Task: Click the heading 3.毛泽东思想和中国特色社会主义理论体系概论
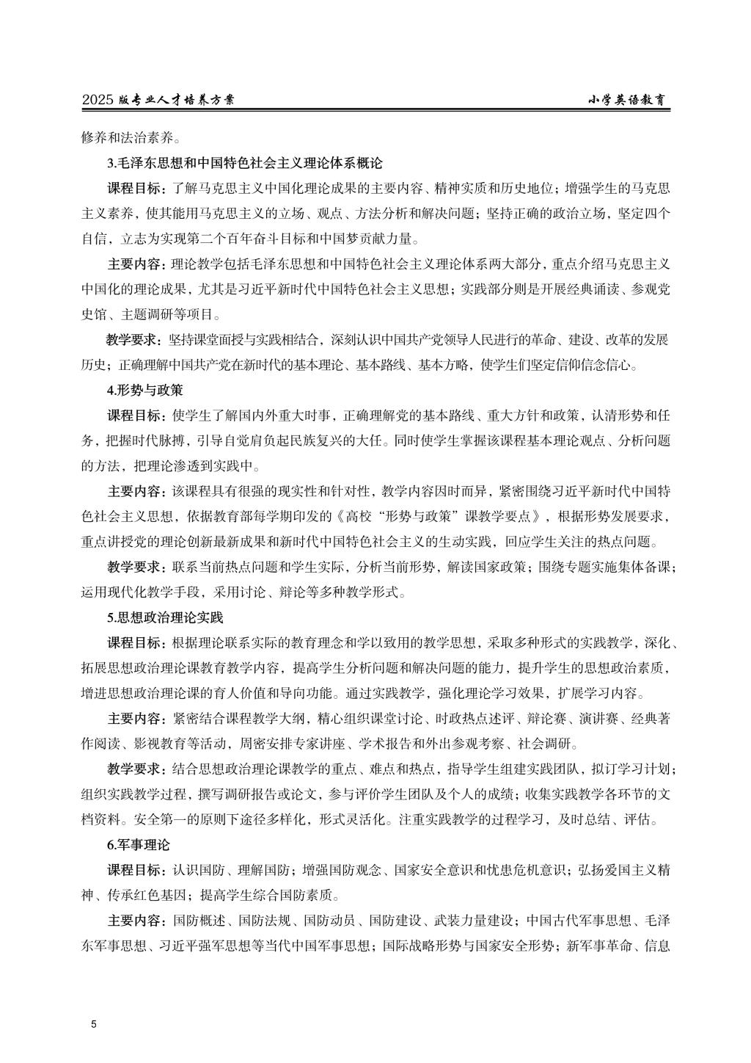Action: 245,163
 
